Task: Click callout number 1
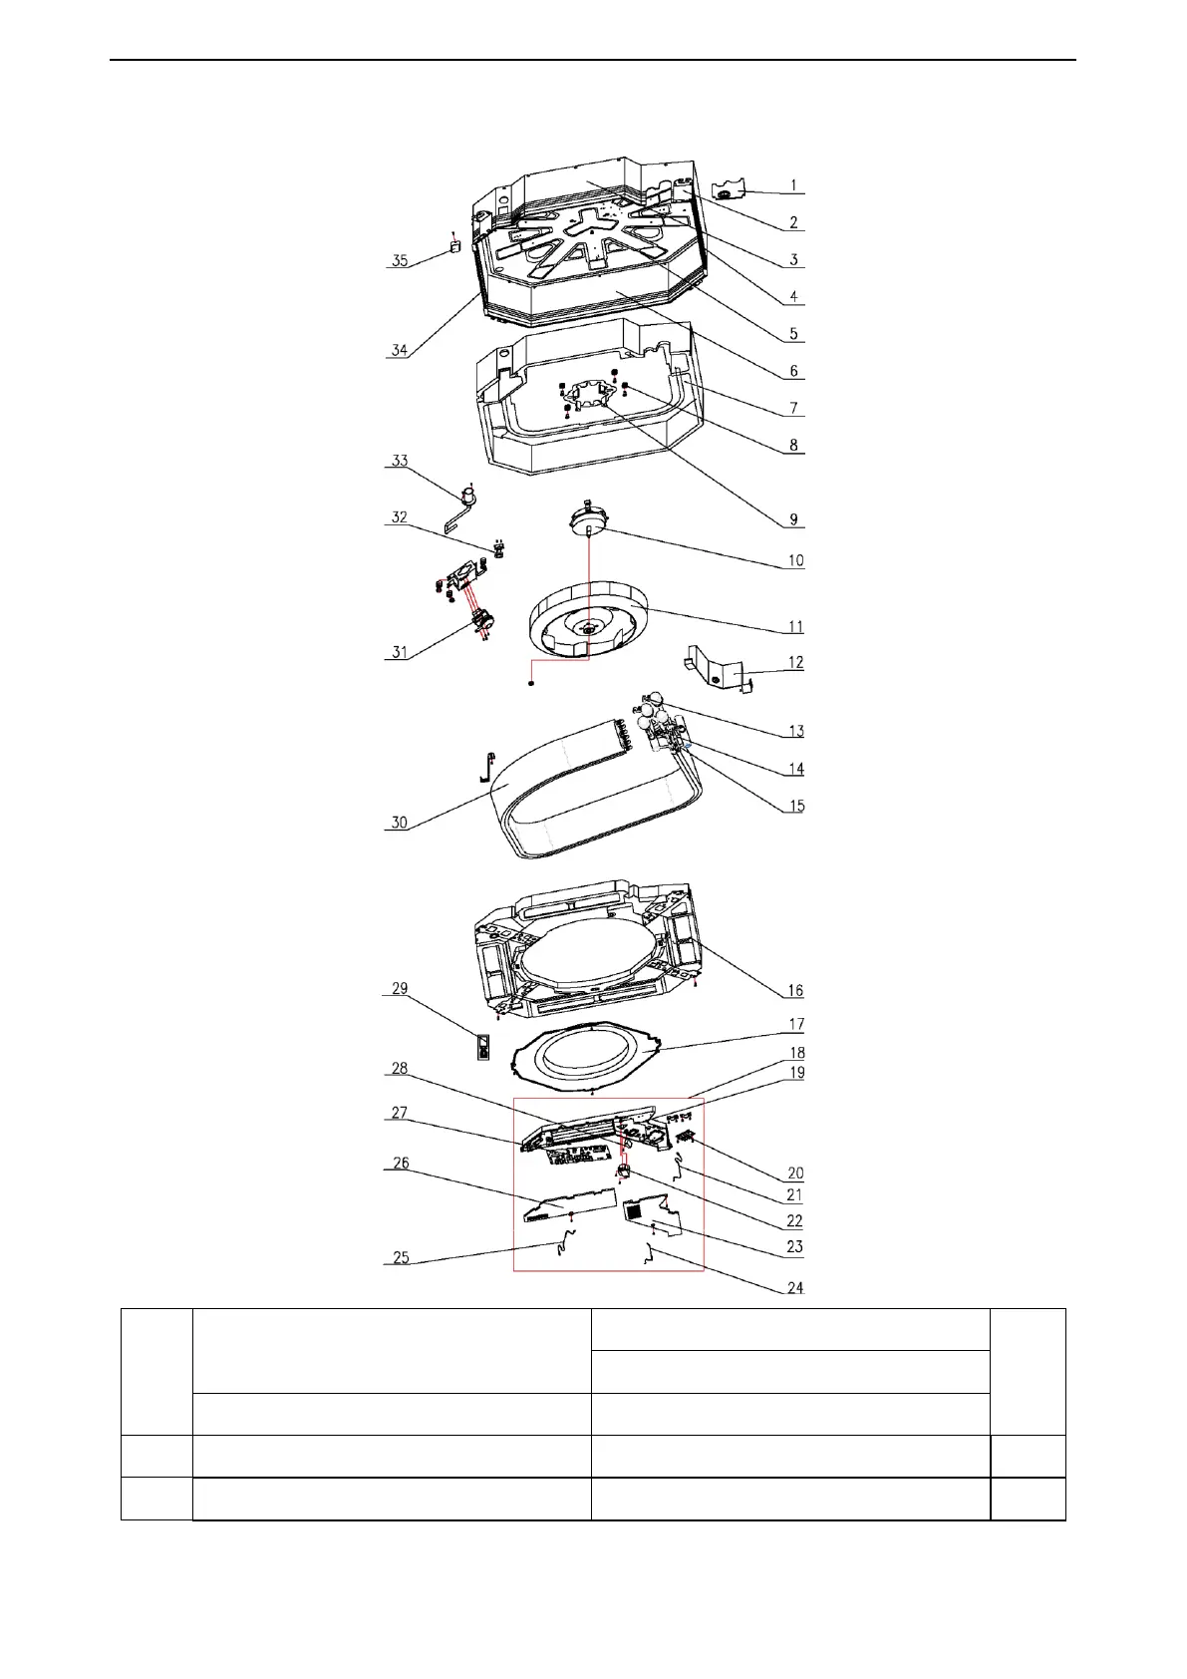(793, 185)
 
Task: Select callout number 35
(399, 261)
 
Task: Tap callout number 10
(795, 561)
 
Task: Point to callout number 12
(795, 663)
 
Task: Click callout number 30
(399, 824)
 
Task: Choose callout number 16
(795, 991)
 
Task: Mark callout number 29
(399, 989)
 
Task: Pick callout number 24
(795, 1288)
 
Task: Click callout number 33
(399, 462)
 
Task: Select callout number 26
(399, 1164)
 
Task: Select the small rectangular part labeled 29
(483, 1047)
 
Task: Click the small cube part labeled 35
(453, 245)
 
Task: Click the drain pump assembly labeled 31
(482, 624)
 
